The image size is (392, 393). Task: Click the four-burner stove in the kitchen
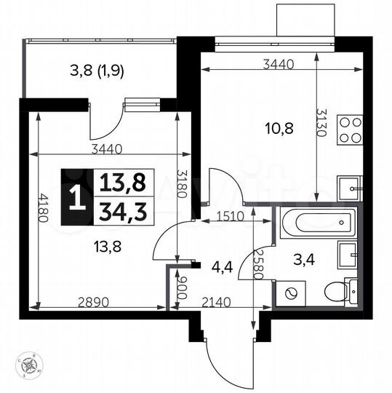pyautogui.click(x=350, y=130)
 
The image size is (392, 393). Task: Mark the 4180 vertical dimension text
pyautogui.click(x=44, y=209)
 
